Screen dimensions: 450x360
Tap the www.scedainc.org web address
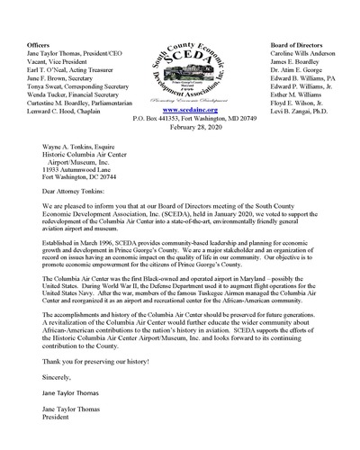180,85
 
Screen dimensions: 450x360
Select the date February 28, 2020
180,101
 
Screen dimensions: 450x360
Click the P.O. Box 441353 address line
180,93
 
